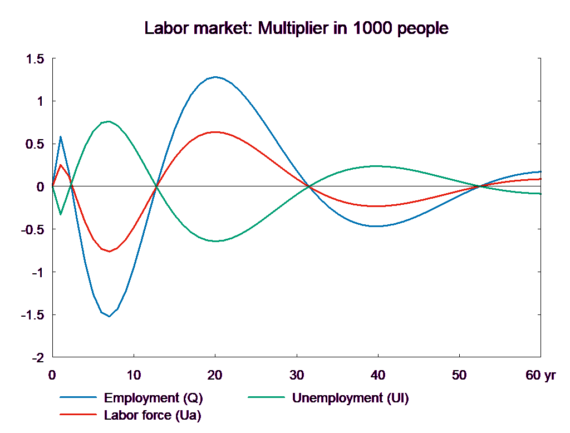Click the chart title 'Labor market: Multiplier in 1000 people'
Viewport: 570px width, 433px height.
296,28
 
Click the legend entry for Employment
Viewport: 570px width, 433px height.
153,398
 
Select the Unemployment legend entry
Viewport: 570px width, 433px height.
350,398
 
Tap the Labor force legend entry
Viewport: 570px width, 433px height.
153,415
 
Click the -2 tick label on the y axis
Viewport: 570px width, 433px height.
37,357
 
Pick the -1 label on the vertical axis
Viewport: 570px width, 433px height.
37,272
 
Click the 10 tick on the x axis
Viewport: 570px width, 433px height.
134,376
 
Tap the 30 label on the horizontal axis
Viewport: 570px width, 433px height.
297,376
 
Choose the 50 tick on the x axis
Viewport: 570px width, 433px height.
459,376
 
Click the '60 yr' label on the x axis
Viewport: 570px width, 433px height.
540,376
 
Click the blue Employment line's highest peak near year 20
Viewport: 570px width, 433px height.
215,77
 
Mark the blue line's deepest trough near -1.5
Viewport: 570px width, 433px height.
109,316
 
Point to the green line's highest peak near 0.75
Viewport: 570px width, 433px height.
109,121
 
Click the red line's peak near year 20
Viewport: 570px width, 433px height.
215,132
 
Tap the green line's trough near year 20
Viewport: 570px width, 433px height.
215,241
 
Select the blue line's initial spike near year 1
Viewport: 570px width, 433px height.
61,136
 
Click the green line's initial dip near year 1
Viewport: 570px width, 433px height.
61,214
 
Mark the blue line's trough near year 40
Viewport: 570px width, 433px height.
377,226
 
